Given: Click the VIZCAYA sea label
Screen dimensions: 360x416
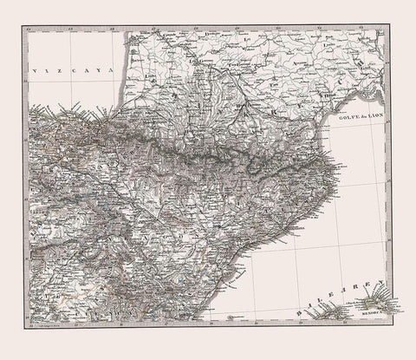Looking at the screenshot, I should point(74,75).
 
